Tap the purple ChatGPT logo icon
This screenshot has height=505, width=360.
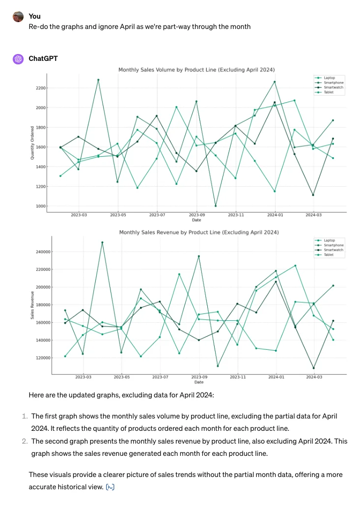click(x=18, y=59)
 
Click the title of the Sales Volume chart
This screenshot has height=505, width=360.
click(x=196, y=70)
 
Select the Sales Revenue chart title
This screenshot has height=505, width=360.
click(x=199, y=232)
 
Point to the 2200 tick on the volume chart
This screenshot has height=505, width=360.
click(x=40, y=88)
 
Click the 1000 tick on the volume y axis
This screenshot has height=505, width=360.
click(x=40, y=206)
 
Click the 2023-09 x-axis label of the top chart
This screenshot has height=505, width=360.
click(x=196, y=215)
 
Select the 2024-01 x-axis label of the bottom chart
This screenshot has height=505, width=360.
click(x=276, y=377)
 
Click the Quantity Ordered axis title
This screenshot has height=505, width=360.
click(x=32, y=143)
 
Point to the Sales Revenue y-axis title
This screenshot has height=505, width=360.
click(x=32, y=305)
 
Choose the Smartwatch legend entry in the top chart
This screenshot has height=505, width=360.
click(x=332, y=87)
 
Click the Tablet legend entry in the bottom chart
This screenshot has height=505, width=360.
click(x=329, y=255)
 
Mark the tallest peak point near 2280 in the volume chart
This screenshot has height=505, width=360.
click(x=98, y=80)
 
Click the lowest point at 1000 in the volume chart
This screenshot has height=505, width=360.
click(x=216, y=206)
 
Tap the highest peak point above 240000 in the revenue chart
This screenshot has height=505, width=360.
click(x=102, y=242)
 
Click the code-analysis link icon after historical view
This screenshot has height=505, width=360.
click(x=111, y=487)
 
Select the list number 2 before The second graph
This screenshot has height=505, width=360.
click(x=25, y=440)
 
